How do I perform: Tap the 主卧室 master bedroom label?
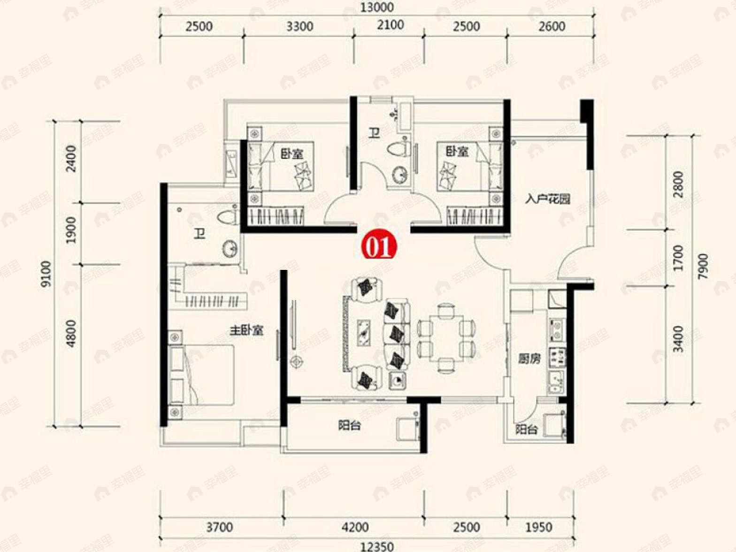pyautogui.click(x=246, y=331)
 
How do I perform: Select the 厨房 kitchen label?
pyautogui.click(x=529, y=359)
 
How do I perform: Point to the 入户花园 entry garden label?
pyautogui.click(x=548, y=199)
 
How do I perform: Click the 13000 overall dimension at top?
pyautogui.click(x=377, y=8)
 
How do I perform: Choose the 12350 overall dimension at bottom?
pyautogui.click(x=377, y=547)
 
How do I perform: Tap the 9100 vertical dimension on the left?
pyautogui.click(x=47, y=274)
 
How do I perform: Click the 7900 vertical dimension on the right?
pyautogui.click(x=703, y=266)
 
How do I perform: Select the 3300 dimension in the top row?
pyautogui.click(x=299, y=26)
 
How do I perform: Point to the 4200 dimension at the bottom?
pyautogui.click(x=355, y=527)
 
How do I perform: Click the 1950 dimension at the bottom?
pyautogui.click(x=538, y=527)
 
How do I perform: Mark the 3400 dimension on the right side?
pyautogui.click(x=678, y=339)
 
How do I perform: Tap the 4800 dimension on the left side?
pyautogui.click(x=71, y=333)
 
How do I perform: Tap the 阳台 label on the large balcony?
pyautogui.click(x=349, y=425)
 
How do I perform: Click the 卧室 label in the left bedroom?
pyautogui.click(x=291, y=154)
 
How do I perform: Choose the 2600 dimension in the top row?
pyautogui.click(x=552, y=26)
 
